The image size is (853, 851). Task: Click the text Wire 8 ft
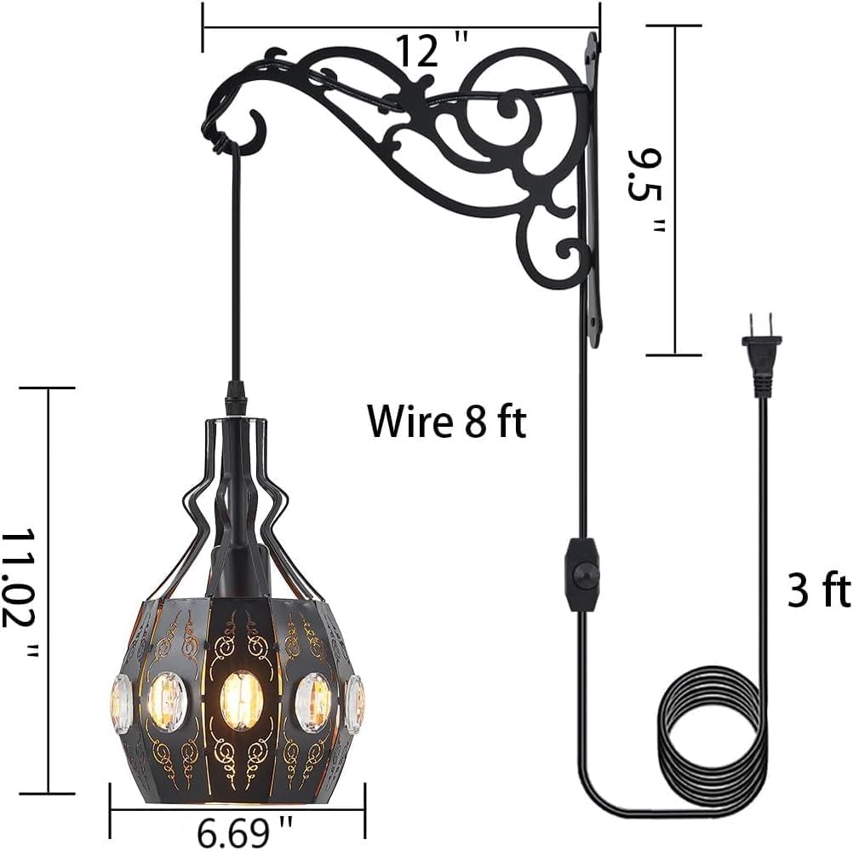click(446, 421)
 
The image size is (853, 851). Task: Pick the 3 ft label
click(818, 590)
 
